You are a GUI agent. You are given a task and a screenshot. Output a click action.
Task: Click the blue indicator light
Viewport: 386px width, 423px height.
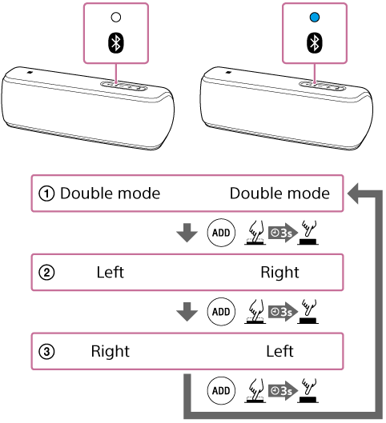click(315, 18)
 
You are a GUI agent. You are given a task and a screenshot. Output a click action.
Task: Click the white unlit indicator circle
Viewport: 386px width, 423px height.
click(116, 18)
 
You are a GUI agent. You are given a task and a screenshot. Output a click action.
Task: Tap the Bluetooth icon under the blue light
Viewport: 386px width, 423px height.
click(315, 43)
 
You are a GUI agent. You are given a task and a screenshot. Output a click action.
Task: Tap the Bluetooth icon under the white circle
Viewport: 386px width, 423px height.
click(116, 43)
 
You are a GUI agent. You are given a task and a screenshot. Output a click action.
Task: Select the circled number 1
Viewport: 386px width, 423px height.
click(46, 194)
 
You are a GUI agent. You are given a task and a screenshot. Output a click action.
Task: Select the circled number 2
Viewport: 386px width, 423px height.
click(46, 273)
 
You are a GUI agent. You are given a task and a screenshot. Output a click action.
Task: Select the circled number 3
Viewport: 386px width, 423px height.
click(46, 352)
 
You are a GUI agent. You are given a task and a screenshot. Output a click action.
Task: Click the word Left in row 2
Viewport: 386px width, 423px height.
click(111, 272)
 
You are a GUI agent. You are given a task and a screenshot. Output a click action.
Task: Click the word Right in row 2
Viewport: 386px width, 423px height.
click(279, 272)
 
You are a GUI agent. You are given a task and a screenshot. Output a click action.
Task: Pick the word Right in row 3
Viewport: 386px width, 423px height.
click(111, 351)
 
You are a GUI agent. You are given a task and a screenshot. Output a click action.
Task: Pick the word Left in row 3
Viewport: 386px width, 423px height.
click(279, 351)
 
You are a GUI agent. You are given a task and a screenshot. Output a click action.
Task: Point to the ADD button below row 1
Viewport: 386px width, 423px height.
click(221, 233)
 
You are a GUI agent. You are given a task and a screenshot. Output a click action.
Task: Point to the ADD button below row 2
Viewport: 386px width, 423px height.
click(221, 312)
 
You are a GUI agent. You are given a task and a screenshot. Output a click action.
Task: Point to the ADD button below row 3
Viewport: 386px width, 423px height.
click(221, 391)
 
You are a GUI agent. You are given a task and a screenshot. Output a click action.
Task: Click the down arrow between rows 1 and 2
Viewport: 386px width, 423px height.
click(187, 233)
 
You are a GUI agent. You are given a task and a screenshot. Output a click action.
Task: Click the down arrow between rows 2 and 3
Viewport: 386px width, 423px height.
click(187, 312)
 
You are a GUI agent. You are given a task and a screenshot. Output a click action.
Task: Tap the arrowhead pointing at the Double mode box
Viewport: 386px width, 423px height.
click(353, 194)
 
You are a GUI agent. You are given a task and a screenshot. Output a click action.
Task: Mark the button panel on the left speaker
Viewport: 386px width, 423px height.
click(124, 86)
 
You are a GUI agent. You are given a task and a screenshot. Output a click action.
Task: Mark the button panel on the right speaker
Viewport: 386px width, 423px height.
click(323, 86)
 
